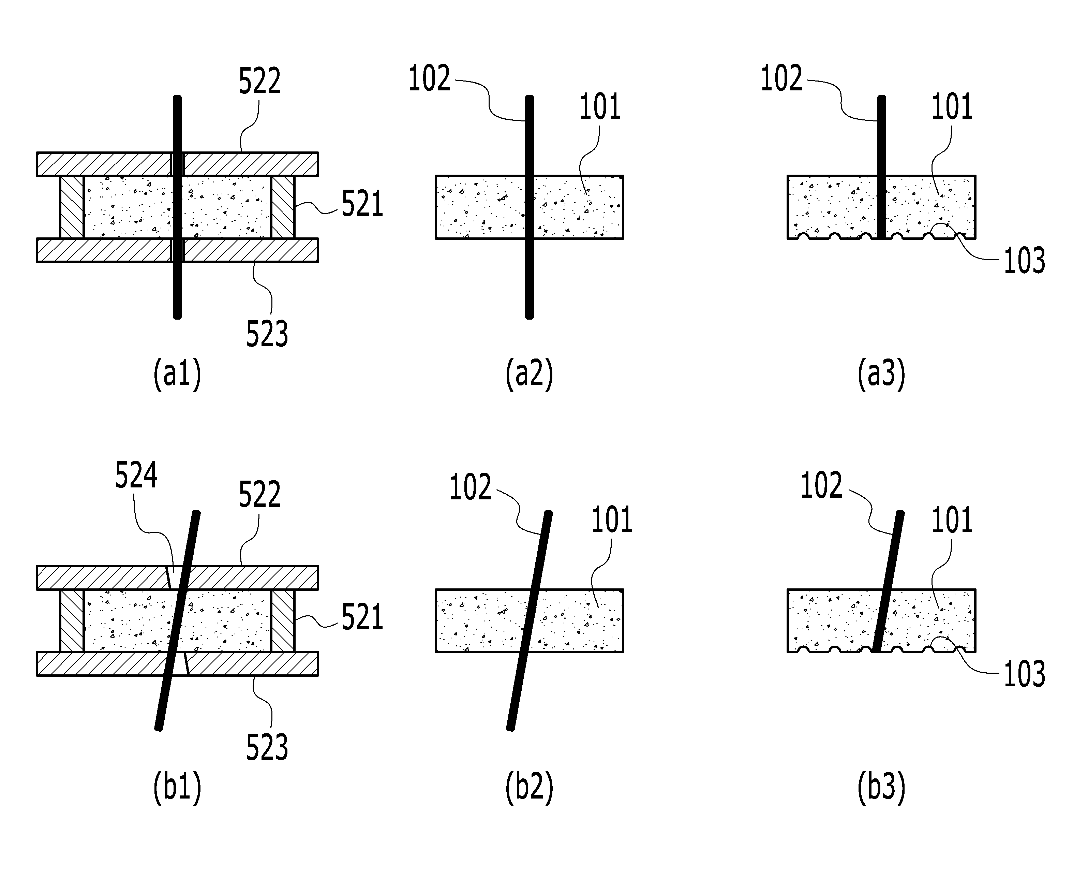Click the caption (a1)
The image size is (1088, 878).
[x=177, y=374]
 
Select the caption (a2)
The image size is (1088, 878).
[x=529, y=374]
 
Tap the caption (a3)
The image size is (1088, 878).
[x=881, y=374]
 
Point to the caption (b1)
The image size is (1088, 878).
[x=177, y=788]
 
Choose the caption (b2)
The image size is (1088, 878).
[x=529, y=788]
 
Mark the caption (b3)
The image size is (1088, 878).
[x=881, y=788]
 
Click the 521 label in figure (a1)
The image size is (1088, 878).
[x=362, y=204]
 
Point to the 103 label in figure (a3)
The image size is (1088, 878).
[x=1024, y=261]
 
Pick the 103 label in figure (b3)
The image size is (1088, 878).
[x=1024, y=674]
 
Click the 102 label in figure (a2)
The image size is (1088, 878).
[x=429, y=78]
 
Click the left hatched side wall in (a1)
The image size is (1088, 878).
[x=72, y=207]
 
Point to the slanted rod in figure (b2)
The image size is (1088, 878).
[x=529, y=620]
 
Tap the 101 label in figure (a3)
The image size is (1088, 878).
[x=952, y=107]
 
